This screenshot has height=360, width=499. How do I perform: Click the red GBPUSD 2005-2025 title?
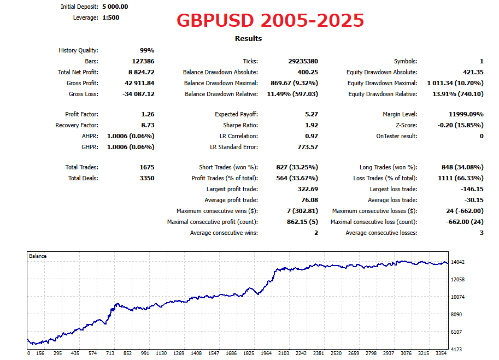270,21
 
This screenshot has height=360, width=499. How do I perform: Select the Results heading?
248,38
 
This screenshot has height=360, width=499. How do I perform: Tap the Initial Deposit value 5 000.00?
115,7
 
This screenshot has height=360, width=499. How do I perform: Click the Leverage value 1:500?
110,17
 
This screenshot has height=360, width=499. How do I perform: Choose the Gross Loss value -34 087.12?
138,94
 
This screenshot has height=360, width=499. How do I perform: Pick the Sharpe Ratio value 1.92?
311,125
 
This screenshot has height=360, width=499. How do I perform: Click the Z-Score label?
405,125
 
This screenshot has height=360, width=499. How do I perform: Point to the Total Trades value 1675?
147,167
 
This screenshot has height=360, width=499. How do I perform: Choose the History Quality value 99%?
147,50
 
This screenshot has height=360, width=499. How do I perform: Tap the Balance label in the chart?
38,256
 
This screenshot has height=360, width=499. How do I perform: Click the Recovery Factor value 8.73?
147,125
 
